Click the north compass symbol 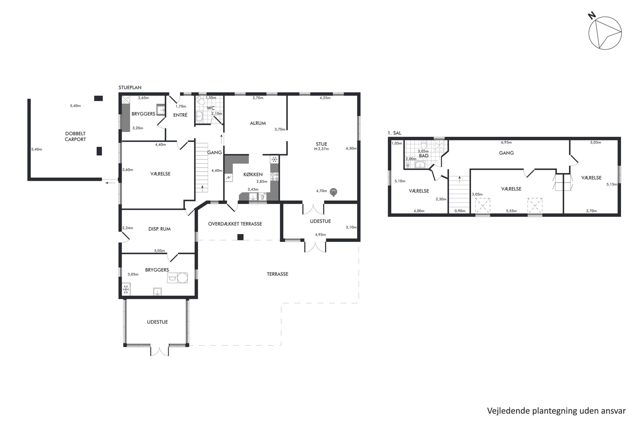click(605, 33)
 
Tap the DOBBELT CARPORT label click(75, 137)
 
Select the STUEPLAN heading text click(130, 88)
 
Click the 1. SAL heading click(395, 133)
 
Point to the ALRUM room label click(258, 123)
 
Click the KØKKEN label click(253, 175)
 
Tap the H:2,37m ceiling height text click(321, 149)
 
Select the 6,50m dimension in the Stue click(351, 148)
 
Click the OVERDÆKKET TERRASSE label click(235, 224)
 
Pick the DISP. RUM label click(159, 229)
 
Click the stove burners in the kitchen click(275, 176)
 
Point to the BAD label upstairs click(424, 156)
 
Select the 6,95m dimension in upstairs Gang click(506, 142)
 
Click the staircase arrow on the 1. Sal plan click(460, 179)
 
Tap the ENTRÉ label click(180, 115)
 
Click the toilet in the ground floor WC click(201, 101)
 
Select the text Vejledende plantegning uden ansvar click(556, 411)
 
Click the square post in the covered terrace click(240, 237)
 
